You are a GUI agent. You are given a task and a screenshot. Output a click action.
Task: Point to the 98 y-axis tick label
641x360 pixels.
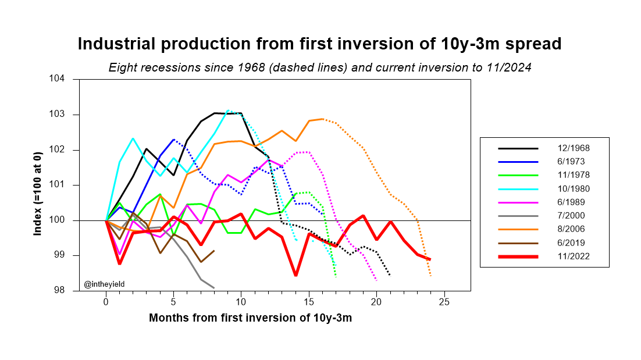(66, 291)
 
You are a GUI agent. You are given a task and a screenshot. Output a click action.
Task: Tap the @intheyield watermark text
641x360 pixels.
(105, 284)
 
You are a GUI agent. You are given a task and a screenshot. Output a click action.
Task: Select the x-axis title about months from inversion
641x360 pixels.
(250, 318)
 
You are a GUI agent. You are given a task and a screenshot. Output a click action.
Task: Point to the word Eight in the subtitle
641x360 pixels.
(122, 67)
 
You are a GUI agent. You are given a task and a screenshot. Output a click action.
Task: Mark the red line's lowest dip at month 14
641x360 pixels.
(295, 275)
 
